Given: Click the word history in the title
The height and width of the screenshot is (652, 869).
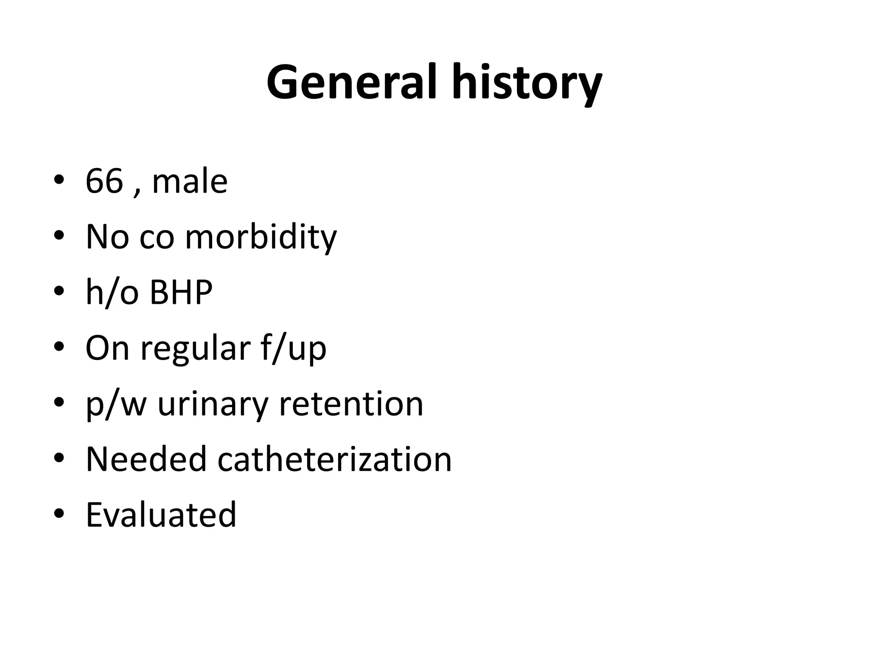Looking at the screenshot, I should coord(526,83).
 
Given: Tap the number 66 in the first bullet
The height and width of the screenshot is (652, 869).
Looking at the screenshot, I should coord(104,182).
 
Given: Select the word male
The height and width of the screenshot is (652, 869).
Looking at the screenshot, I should coord(190,182).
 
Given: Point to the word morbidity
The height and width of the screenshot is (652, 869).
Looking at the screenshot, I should coord(261,237).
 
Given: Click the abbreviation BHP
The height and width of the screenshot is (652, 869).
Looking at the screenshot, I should coord(181,292).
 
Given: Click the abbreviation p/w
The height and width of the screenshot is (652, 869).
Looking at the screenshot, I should coord(116,405).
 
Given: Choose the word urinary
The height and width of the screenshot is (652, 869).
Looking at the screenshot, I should coord(213,405).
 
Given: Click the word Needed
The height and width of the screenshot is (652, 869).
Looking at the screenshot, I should coord(146,459).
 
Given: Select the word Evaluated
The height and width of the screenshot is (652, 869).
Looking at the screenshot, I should coord(161,515).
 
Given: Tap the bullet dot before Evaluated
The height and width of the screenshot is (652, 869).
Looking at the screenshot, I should coord(59,514).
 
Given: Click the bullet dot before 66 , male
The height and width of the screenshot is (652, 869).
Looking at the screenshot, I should coord(59,180).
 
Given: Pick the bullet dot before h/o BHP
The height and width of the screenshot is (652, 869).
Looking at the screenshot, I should coord(59,292).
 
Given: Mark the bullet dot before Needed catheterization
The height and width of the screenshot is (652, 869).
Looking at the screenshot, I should coord(59,458).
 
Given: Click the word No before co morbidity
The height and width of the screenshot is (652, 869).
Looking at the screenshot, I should coord(107,237).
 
